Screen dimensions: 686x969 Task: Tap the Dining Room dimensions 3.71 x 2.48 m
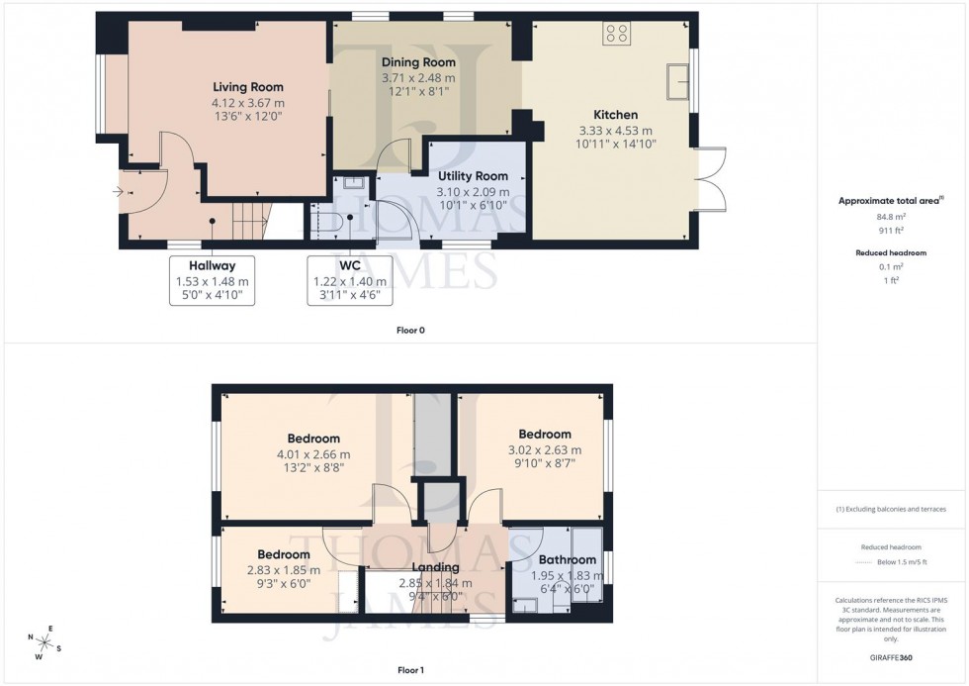418,77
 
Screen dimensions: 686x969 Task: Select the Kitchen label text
615,115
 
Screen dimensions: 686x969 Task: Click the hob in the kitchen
616,34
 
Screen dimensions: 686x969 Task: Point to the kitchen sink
679,81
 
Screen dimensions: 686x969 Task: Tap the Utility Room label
474,176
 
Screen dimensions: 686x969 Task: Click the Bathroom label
567,560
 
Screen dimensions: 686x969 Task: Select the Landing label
435,567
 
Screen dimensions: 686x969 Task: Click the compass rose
44,641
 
